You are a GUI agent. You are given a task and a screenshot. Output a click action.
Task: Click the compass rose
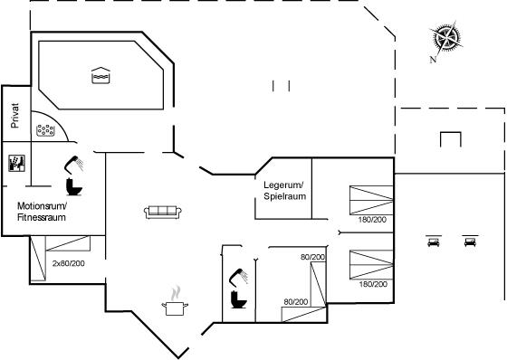pos(446,37)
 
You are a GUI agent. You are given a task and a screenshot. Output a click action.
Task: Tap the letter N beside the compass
pos(433,60)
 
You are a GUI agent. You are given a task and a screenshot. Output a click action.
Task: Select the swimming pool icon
pos(100,75)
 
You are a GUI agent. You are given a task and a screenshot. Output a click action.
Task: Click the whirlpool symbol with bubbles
pos(45,130)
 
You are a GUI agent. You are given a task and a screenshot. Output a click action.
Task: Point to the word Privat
pos(14,116)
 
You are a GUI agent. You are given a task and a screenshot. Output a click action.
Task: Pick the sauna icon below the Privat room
pos(17,163)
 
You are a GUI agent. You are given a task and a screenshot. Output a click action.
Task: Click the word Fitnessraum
pos(42,217)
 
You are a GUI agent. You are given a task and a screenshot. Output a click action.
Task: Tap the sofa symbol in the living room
pos(163,212)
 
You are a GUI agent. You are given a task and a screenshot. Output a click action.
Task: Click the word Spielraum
pos(285,196)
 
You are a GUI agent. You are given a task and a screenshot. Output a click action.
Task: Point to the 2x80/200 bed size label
pos(69,263)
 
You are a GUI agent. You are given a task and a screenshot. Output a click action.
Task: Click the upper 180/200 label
pos(372,220)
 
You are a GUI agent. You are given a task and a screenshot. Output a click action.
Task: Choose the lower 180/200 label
pos(373,284)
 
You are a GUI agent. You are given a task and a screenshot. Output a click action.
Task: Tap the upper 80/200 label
pos(312,257)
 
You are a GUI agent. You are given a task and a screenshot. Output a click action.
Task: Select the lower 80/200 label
pos(296,302)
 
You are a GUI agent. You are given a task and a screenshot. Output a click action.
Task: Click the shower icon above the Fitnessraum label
pos(73,165)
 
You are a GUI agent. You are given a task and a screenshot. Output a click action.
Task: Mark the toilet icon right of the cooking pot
pos(239,299)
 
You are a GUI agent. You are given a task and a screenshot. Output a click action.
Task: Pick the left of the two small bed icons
pos(434,242)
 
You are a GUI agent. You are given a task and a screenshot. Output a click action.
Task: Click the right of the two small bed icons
pos(470,242)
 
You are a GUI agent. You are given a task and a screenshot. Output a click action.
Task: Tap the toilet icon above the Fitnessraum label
pos(73,187)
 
